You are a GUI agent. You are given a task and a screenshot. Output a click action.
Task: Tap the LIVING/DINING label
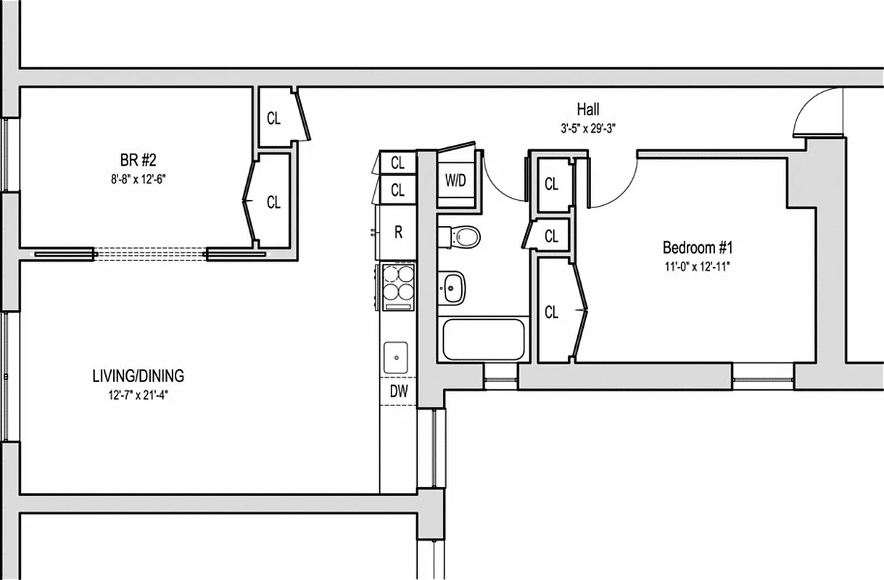[x=138, y=376]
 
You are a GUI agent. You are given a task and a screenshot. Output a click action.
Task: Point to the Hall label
[x=588, y=109]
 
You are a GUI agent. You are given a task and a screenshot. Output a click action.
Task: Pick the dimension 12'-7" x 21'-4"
[x=138, y=395]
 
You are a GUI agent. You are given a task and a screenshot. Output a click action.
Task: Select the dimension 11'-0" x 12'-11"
[x=694, y=265]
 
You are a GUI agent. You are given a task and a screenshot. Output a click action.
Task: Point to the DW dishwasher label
[x=399, y=391]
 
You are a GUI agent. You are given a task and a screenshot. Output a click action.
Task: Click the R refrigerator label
[x=398, y=233]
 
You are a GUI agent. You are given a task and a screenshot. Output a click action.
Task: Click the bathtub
[x=482, y=340]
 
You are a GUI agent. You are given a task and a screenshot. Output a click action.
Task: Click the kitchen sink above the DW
[x=397, y=356]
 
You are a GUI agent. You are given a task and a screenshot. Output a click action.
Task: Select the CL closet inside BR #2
[x=273, y=202]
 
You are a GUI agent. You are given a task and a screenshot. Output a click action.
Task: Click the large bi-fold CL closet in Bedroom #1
[x=555, y=312]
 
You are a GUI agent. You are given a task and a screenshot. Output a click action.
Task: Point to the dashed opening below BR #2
[x=150, y=254]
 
